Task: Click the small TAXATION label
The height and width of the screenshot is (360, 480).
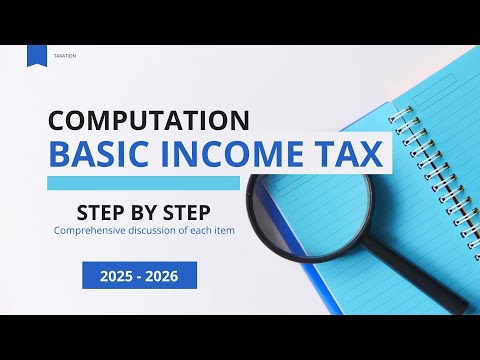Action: [65, 56]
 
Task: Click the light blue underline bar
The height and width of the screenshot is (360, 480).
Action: [145, 183]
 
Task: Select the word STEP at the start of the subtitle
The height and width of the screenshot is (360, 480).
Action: [104, 212]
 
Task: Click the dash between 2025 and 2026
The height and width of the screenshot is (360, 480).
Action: [140, 275]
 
